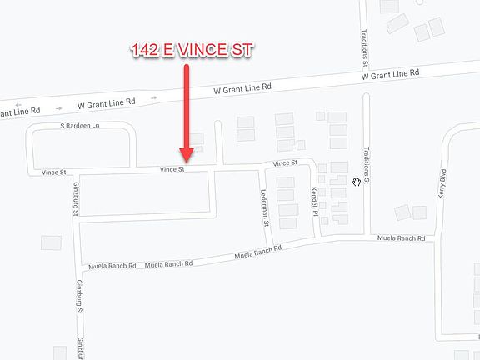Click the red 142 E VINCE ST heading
[x=191, y=50]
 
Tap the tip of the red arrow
[x=187, y=159]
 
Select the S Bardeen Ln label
[x=79, y=126]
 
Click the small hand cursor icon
[x=357, y=181]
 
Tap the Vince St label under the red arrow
[x=172, y=169]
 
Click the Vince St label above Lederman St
[x=285, y=163]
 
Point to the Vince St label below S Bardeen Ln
[x=52, y=172]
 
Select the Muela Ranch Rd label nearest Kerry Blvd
[x=401, y=238]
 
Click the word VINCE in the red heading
[x=199, y=50]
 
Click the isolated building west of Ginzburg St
[x=51, y=242]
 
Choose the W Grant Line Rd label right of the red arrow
[x=242, y=87]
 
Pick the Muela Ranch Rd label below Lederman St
[x=257, y=251]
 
